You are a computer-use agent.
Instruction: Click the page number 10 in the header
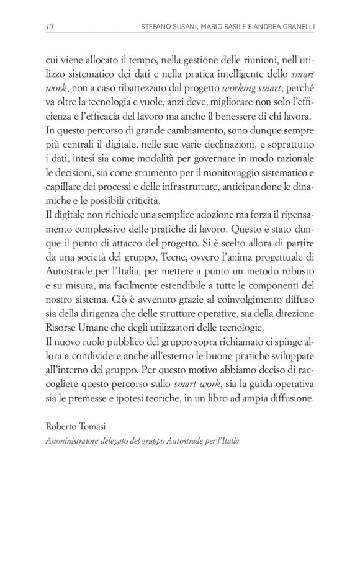click(50, 26)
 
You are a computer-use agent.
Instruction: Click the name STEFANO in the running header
click(158, 26)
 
